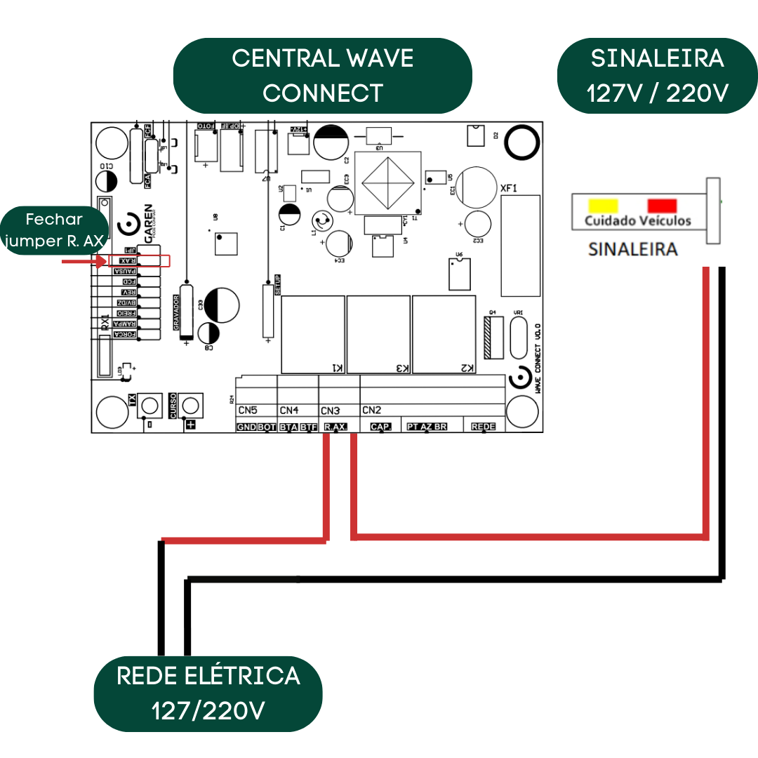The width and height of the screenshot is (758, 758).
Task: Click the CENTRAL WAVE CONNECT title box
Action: coord(322,76)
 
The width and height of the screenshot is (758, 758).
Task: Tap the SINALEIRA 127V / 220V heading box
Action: coord(657,76)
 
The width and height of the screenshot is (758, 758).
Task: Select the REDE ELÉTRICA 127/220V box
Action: coord(208,693)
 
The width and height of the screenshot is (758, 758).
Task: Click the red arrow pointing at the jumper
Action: coord(85,261)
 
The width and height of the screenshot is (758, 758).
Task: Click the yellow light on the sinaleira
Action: coord(603,205)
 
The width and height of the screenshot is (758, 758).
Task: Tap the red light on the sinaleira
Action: coord(662,205)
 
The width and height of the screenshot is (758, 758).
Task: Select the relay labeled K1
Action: coord(313,334)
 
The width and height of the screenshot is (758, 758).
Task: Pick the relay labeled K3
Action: coord(378,334)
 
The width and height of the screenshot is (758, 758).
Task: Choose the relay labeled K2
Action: coord(444,334)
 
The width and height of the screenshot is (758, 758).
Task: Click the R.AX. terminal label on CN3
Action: coord(335,427)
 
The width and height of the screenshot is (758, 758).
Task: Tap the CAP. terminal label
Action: coord(380,427)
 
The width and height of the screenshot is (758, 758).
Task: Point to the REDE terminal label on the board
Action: coord(484,427)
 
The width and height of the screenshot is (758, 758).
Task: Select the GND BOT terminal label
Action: coord(256,427)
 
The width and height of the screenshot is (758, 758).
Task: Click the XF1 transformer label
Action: coord(509,188)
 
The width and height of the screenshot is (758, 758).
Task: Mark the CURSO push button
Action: coord(190,405)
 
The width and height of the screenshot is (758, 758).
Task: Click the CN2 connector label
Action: coord(372,410)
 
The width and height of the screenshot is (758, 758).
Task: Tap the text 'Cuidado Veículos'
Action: coord(638,221)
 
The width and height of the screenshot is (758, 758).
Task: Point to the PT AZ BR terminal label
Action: coord(427,427)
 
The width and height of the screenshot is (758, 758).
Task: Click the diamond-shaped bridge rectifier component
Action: coord(388,182)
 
